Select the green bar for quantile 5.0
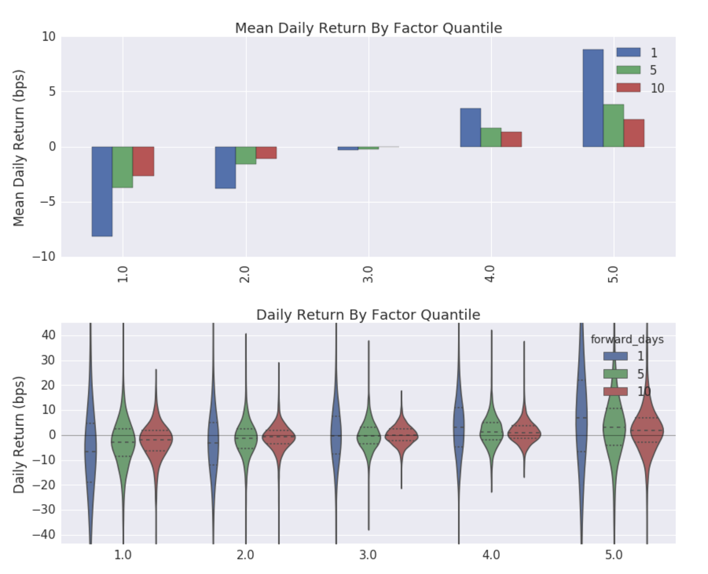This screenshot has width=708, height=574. (613, 126)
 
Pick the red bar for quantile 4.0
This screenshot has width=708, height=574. (511, 139)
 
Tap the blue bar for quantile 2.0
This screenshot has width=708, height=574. (225, 167)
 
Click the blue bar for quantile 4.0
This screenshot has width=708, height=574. (470, 128)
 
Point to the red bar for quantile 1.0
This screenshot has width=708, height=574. (143, 161)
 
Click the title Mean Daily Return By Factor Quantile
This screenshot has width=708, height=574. (368, 28)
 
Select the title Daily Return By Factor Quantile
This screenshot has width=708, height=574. (368, 315)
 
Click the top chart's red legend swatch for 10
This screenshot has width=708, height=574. (628, 88)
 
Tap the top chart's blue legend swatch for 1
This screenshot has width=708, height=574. (628, 52)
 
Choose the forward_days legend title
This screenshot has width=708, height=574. (627, 340)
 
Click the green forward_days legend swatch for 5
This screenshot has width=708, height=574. (615, 374)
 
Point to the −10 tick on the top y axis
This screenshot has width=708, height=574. (44, 257)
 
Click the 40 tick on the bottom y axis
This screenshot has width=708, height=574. (48, 335)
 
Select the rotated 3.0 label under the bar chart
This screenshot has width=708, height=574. (368, 274)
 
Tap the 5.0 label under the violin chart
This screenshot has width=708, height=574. (614, 555)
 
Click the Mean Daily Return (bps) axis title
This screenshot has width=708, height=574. (19, 148)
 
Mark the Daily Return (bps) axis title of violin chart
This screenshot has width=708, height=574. (19, 434)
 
